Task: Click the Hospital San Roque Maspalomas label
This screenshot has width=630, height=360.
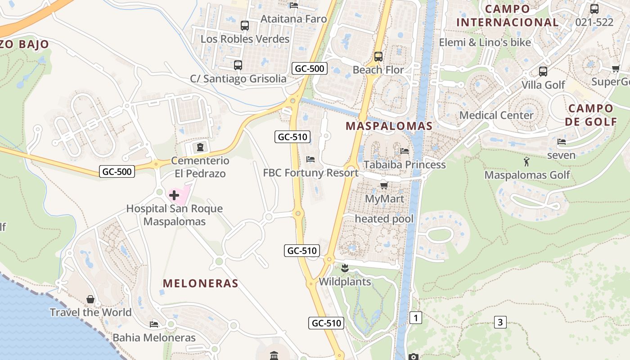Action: pos(174,215)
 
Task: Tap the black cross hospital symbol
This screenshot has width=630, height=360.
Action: pos(174,195)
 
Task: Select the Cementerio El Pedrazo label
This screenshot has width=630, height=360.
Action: pos(200,167)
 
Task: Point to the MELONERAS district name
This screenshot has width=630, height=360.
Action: pos(200,283)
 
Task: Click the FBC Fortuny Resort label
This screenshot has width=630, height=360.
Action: pos(310,173)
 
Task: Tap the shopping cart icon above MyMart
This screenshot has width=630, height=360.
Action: pos(384,185)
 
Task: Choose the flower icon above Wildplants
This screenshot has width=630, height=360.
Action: pos(345,269)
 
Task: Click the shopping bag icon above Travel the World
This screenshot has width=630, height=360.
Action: pos(90,299)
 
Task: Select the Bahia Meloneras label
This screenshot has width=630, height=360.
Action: pos(154,337)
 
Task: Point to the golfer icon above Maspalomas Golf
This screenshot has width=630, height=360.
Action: pos(526,162)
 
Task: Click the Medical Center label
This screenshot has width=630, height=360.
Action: pos(496,115)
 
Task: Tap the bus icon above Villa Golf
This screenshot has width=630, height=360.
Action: pos(543,71)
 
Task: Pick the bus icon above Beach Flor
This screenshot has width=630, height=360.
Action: pos(378,57)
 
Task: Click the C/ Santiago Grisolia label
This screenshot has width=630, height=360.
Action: pos(238,79)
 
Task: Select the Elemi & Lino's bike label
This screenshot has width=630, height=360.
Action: pos(485,43)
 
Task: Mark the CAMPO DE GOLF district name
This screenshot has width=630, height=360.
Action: pos(591,115)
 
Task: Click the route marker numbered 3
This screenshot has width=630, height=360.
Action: pos(500,322)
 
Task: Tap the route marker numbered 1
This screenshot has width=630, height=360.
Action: pos(416,318)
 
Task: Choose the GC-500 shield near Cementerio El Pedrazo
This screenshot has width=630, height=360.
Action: pos(117,171)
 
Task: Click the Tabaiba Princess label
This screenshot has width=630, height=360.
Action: pos(405,165)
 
